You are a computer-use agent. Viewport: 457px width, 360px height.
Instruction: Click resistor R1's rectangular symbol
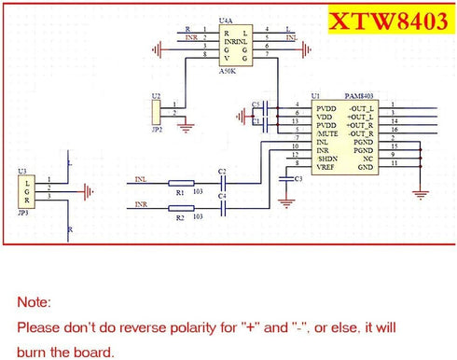181,184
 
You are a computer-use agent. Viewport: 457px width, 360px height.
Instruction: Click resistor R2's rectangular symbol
181,209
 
